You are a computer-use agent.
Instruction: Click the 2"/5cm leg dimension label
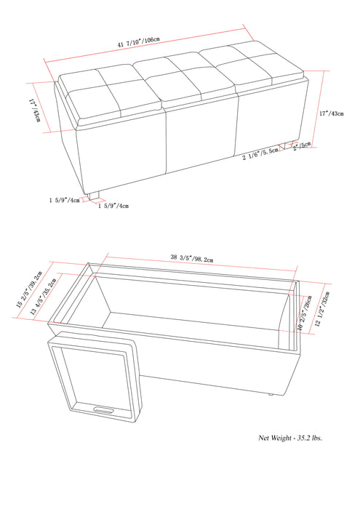(301, 144)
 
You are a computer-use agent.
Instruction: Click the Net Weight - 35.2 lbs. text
(290, 438)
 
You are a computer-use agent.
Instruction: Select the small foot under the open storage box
(271, 393)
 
